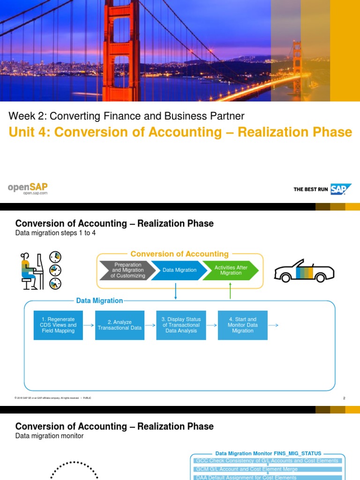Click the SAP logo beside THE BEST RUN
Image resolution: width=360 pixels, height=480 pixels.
[x=341, y=189]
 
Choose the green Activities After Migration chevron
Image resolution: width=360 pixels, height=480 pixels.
[x=231, y=270]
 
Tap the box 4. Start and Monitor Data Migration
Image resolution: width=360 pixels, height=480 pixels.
[x=242, y=325]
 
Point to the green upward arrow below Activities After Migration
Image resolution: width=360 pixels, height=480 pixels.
[x=230, y=292]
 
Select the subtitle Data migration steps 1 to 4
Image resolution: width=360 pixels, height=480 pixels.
[x=55, y=233]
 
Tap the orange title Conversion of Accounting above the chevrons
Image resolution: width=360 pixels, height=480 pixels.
[x=180, y=254]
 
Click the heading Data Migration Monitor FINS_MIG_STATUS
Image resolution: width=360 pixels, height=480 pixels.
[x=268, y=453]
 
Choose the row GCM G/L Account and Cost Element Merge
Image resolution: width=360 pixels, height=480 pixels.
[x=246, y=469]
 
